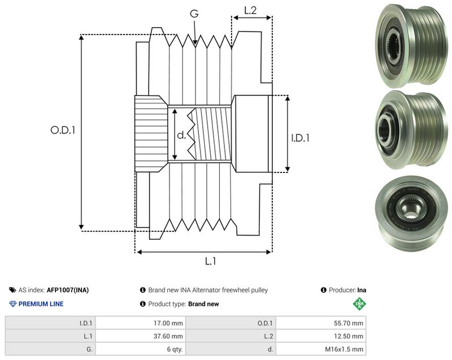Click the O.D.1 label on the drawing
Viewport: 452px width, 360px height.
63,130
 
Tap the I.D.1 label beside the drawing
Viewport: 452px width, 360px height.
300,138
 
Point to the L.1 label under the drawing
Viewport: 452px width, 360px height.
210,261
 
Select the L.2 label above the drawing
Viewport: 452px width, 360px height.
250,10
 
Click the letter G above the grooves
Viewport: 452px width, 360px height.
194,13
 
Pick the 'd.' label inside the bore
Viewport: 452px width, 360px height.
181,135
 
